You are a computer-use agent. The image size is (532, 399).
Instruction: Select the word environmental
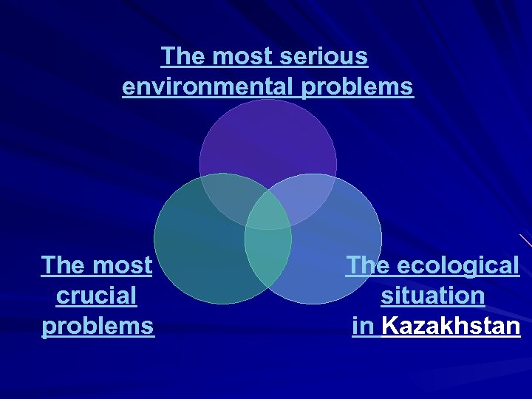209,87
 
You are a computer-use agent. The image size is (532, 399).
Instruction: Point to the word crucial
97,296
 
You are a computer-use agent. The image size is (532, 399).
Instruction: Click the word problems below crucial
98,326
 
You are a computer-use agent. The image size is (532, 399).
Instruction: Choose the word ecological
459,265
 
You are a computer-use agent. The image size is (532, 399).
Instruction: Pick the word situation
433,296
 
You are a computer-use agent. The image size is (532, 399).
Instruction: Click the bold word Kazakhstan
451,326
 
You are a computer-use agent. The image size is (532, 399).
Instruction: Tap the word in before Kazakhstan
364,326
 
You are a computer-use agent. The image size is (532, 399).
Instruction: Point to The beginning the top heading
180,56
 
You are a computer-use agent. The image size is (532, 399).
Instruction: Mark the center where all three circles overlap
268,214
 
